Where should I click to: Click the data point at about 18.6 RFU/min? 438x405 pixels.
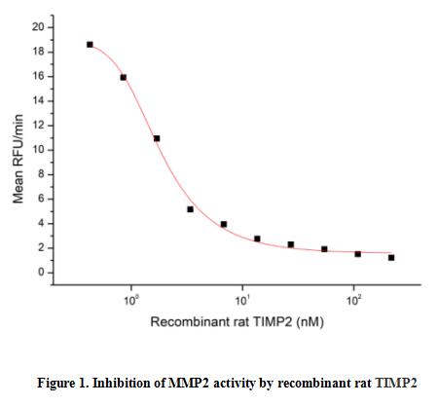coord(90,45)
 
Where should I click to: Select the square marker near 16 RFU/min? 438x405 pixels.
coord(124,77)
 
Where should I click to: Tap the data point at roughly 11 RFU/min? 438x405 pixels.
coord(157,138)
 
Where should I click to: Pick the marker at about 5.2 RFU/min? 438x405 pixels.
coord(191,209)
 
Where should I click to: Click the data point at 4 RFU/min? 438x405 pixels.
coord(224,224)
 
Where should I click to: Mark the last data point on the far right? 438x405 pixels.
coord(391,258)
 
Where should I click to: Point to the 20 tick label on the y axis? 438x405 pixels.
coord(38,27)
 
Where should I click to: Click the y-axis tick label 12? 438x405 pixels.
coord(38,126)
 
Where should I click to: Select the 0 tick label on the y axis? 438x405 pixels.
coord(41,273)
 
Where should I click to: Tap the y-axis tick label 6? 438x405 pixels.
coord(41,199)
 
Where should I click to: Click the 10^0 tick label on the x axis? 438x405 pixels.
coord(131,301)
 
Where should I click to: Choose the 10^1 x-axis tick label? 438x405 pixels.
coord(242,301)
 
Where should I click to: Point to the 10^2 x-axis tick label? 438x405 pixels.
coord(354,301)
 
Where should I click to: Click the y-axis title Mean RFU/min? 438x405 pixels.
coord(18,159)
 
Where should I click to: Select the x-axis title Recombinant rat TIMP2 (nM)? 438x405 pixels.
coord(237,322)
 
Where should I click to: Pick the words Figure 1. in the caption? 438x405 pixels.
coord(62,384)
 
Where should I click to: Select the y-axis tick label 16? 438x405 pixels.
coord(38,77)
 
